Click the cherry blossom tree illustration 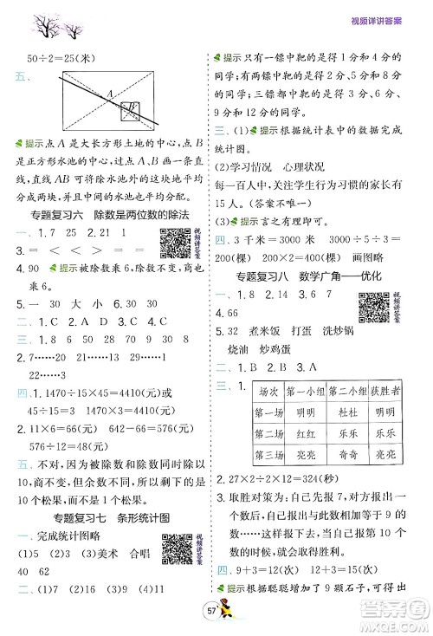point(49,24)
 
